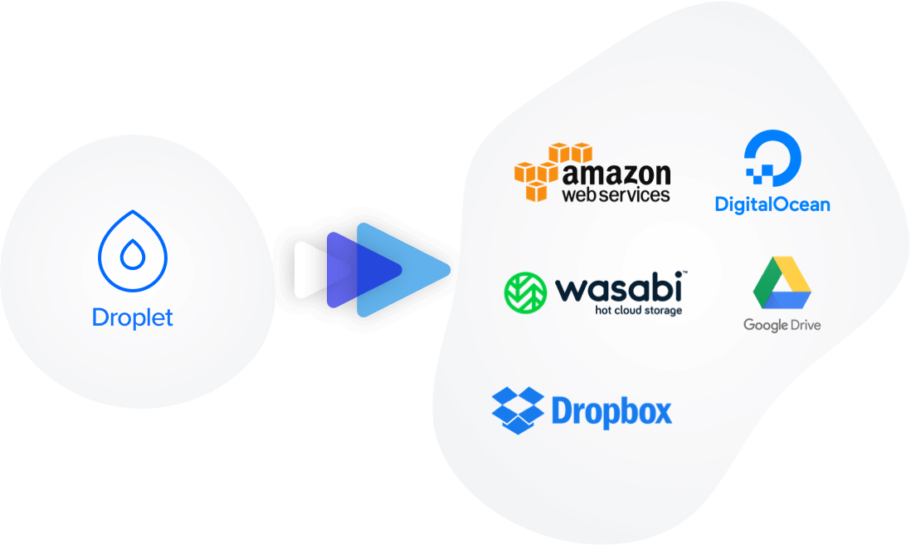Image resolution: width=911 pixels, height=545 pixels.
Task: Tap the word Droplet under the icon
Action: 133,317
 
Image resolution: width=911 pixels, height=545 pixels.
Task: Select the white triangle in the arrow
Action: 307,270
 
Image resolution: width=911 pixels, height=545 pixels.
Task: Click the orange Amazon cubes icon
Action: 548,170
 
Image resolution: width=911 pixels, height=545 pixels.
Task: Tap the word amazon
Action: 616,174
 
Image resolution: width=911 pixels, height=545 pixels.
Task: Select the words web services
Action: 616,195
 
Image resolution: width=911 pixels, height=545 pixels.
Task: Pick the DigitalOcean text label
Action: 772,204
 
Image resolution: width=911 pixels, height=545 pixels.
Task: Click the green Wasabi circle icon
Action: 524,293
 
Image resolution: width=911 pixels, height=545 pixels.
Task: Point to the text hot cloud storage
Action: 639,311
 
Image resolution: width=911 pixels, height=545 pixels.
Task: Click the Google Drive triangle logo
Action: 781,283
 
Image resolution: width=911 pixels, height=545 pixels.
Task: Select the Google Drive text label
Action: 782,324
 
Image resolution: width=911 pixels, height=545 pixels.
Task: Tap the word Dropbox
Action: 611,412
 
